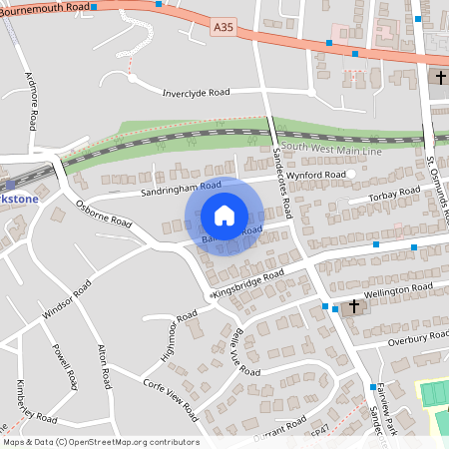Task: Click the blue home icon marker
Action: [x=224, y=216]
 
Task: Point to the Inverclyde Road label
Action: [x=197, y=93]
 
